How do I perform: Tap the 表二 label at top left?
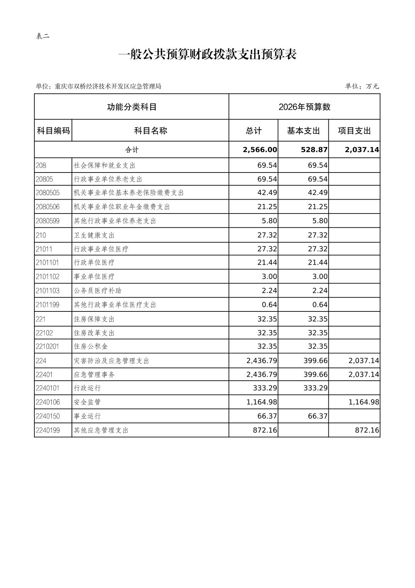(43, 36)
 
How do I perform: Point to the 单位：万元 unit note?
(362, 86)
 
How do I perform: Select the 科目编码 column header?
(53, 131)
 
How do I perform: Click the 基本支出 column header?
(303, 131)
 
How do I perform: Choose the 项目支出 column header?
(354, 131)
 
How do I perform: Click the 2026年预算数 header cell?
(304, 107)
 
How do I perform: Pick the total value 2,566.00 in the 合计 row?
(260, 150)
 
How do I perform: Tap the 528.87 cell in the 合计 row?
(314, 150)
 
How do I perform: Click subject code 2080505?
(48, 193)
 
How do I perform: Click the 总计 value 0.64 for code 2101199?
(269, 305)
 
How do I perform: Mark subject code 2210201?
(48, 347)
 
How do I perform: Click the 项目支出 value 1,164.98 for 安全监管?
(364, 402)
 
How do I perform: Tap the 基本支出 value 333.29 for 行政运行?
(315, 388)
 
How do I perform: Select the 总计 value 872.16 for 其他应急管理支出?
(265, 430)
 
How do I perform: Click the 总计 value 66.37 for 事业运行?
(267, 416)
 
